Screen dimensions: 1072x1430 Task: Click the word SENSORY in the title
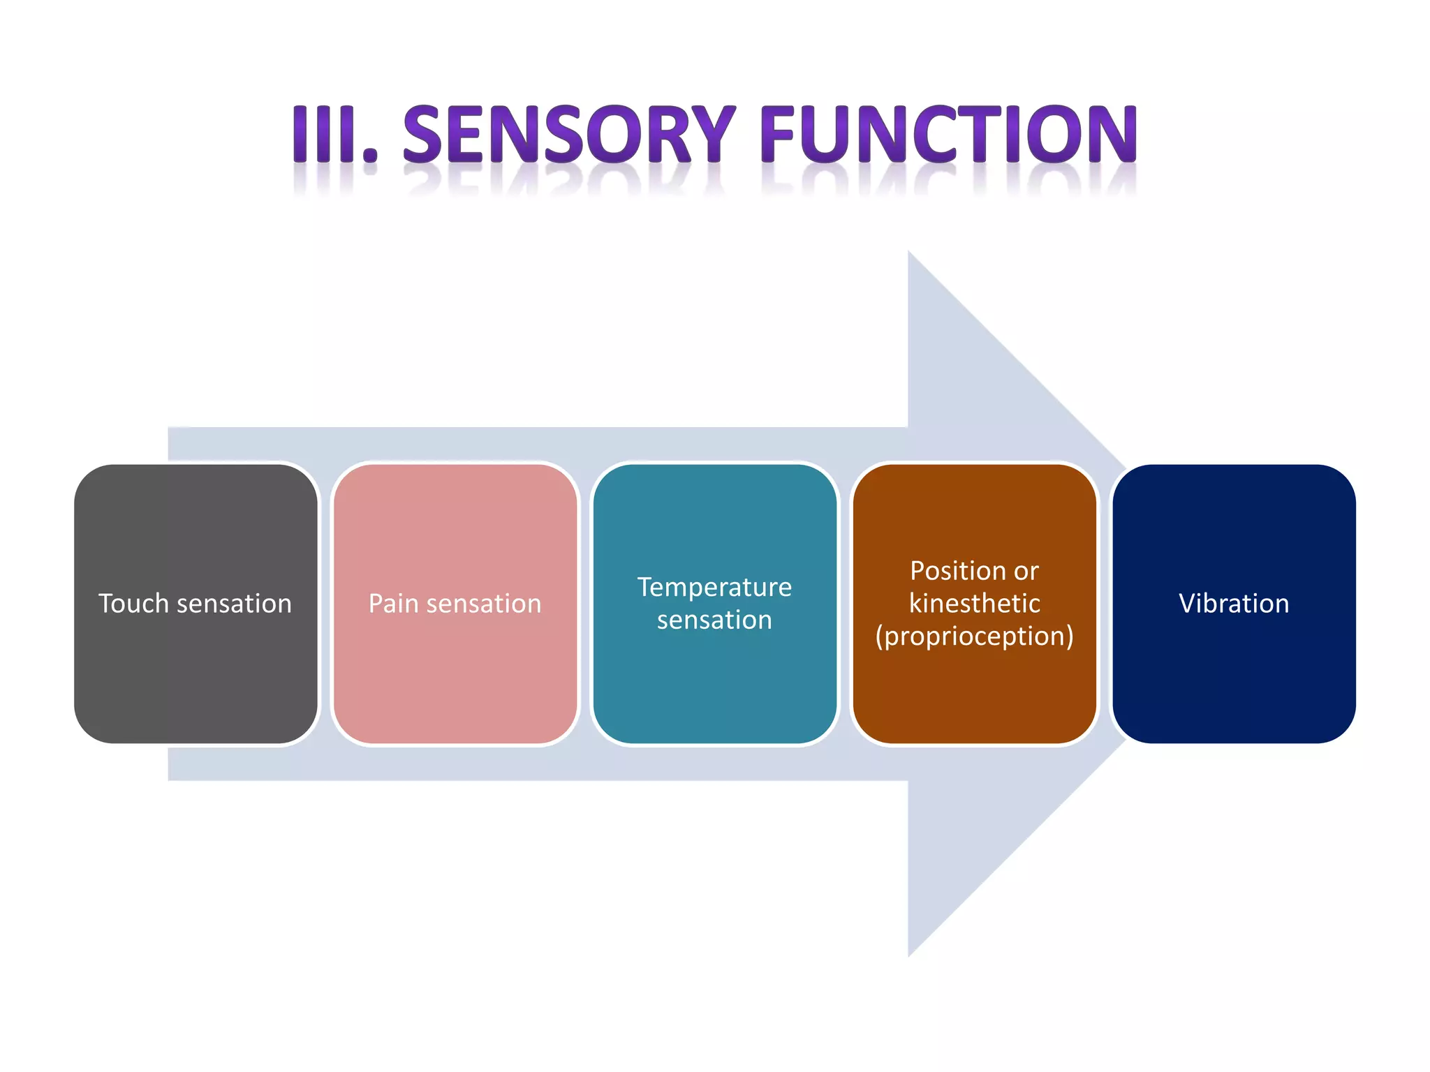[x=569, y=134]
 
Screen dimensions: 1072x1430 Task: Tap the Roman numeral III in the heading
[x=325, y=134]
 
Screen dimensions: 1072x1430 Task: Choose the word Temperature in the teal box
[x=714, y=587]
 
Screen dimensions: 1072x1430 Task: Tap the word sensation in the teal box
[x=714, y=620]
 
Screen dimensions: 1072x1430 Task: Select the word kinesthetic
[x=974, y=604]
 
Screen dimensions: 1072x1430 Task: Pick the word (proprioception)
[x=974, y=636]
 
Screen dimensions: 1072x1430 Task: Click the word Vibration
[x=1234, y=604]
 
